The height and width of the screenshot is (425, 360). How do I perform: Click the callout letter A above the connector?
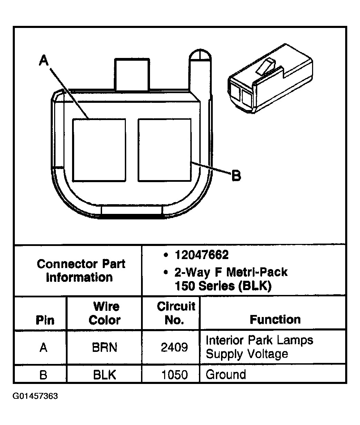click(44, 61)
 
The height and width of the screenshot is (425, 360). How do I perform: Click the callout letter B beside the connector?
click(236, 176)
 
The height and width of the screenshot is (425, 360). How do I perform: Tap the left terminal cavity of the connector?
click(99, 150)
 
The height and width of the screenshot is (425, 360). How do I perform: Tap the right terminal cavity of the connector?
click(164, 150)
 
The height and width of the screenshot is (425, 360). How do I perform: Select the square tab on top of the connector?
click(132, 74)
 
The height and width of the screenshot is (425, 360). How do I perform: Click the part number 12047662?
click(201, 255)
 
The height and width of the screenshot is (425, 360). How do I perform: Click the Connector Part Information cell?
click(81, 270)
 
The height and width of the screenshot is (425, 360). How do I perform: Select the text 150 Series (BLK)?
click(223, 286)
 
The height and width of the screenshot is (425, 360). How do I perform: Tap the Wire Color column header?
click(104, 313)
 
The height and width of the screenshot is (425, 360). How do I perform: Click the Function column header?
click(275, 319)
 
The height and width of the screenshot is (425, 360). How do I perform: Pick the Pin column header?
click(45, 320)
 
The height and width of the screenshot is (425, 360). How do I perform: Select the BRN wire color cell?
click(104, 347)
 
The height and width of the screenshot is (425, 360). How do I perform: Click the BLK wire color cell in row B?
click(104, 375)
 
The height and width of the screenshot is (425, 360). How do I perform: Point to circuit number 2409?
click(174, 347)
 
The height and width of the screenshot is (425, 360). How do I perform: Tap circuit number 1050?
click(174, 375)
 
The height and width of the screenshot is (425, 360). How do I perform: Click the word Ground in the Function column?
click(226, 375)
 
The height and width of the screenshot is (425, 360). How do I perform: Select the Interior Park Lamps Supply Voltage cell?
click(259, 347)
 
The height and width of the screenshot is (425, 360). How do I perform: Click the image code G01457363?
click(36, 396)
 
